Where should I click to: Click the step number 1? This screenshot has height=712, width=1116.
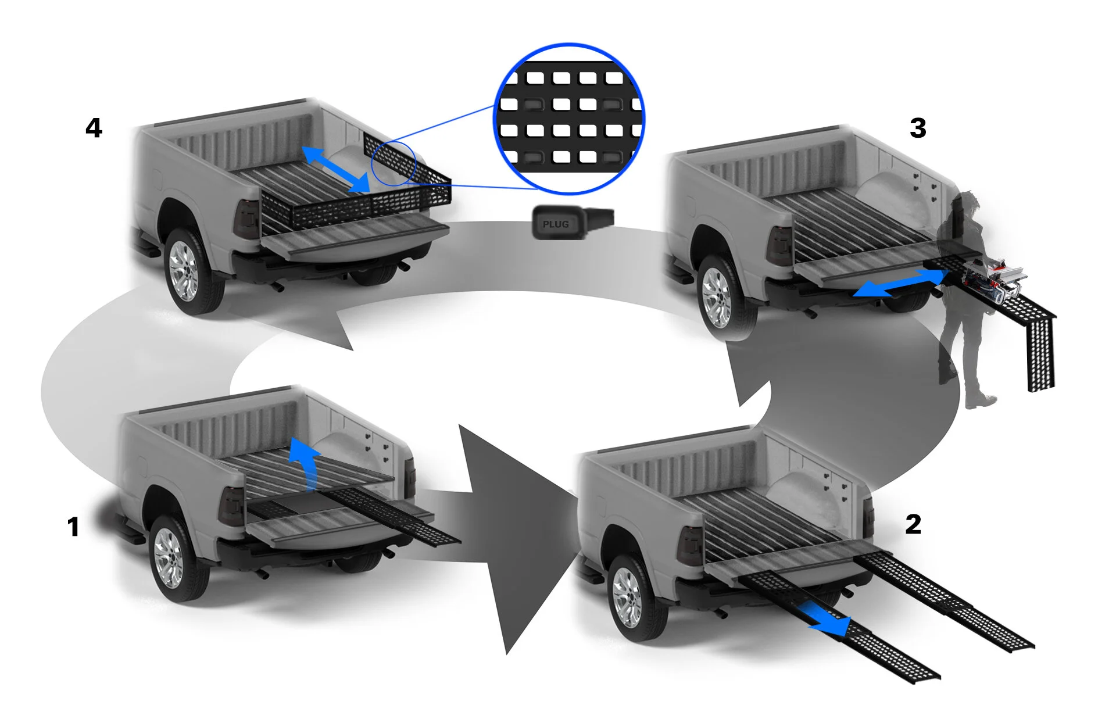pos(73,527)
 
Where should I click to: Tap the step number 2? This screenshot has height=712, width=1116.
pos(913,524)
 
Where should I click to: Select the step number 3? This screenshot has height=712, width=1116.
pos(918,128)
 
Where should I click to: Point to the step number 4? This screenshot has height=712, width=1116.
pos(94,128)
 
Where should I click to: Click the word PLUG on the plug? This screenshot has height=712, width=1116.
pos(556,224)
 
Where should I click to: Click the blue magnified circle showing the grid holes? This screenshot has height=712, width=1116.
pos(569,119)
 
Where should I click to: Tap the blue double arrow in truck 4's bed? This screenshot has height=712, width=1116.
pos(336,169)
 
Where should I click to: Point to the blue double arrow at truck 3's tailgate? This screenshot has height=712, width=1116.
pos(899,283)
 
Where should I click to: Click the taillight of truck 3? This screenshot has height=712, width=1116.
pos(779,244)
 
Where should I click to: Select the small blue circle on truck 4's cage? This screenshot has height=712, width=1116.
pos(394,163)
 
